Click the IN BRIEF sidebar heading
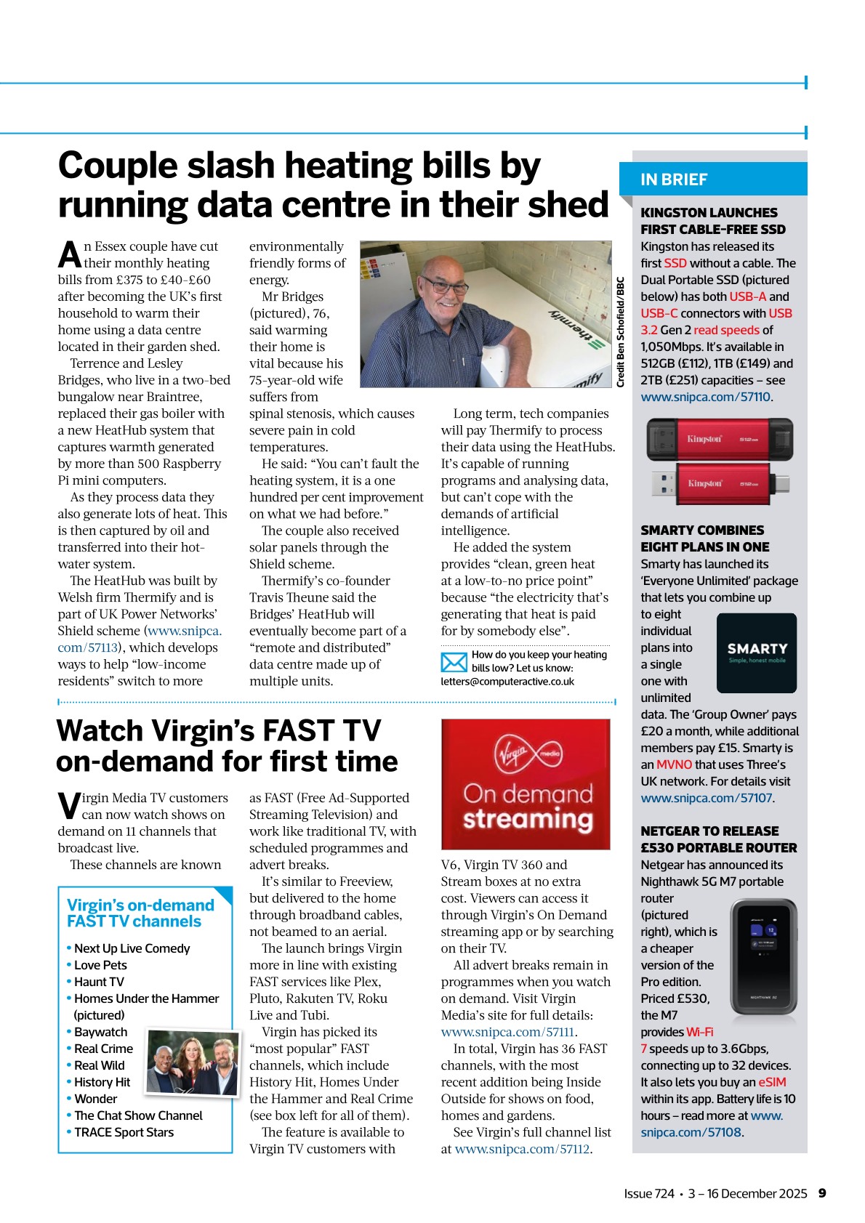(674, 179)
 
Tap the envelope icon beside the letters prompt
(454, 662)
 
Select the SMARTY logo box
(757, 653)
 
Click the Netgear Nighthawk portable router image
(763, 956)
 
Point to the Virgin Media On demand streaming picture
(526, 784)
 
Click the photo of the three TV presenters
(192, 1062)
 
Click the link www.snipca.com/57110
(705, 397)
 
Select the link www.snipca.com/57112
(522, 1149)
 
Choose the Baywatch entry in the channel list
(100, 1032)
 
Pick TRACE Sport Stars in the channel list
(124, 1132)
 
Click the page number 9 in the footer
(822, 1193)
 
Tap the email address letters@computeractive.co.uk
(507, 682)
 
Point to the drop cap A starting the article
(70, 255)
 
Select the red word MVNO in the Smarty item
(674, 764)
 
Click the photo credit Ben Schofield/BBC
(620, 331)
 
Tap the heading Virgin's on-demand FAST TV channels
(140, 913)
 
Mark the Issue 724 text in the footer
(648, 1193)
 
